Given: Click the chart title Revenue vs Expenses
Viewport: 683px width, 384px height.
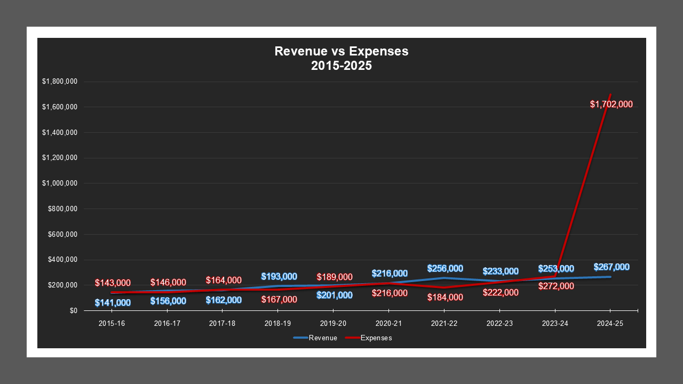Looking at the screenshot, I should click(x=341, y=52).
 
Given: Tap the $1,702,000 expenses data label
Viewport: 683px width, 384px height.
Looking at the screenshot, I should click(x=611, y=105).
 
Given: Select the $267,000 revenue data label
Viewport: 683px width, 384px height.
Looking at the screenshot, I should click(x=611, y=267).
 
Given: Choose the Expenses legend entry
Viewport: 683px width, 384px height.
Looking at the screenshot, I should click(x=369, y=338).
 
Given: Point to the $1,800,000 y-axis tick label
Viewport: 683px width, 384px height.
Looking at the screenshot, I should click(x=60, y=82).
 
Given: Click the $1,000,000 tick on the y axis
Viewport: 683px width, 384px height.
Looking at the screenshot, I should click(x=60, y=183).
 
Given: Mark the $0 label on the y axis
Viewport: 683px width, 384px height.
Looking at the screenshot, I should click(x=73, y=310).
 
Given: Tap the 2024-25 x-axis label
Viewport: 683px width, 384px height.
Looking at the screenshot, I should click(x=610, y=323).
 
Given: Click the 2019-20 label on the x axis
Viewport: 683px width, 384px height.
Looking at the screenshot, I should click(x=333, y=323).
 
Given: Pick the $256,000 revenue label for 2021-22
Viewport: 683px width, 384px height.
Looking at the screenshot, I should click(x=445, y=269).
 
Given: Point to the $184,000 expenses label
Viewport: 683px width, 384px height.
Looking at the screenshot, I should click(x=445, y=298).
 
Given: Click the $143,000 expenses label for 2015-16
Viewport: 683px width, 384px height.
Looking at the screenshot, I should click(x=113, y=283).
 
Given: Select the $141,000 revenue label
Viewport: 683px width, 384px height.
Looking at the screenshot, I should click(x=113, y=303).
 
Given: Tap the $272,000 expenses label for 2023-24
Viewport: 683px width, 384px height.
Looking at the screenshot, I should click(x=556, y=286).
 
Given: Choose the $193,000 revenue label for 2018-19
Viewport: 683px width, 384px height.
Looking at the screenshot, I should click(x=279, y=277).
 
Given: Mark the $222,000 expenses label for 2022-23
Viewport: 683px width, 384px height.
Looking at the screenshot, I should click(x=501, y=292).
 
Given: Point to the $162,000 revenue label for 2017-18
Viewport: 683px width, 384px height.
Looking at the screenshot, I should click(x=224, y=300).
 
